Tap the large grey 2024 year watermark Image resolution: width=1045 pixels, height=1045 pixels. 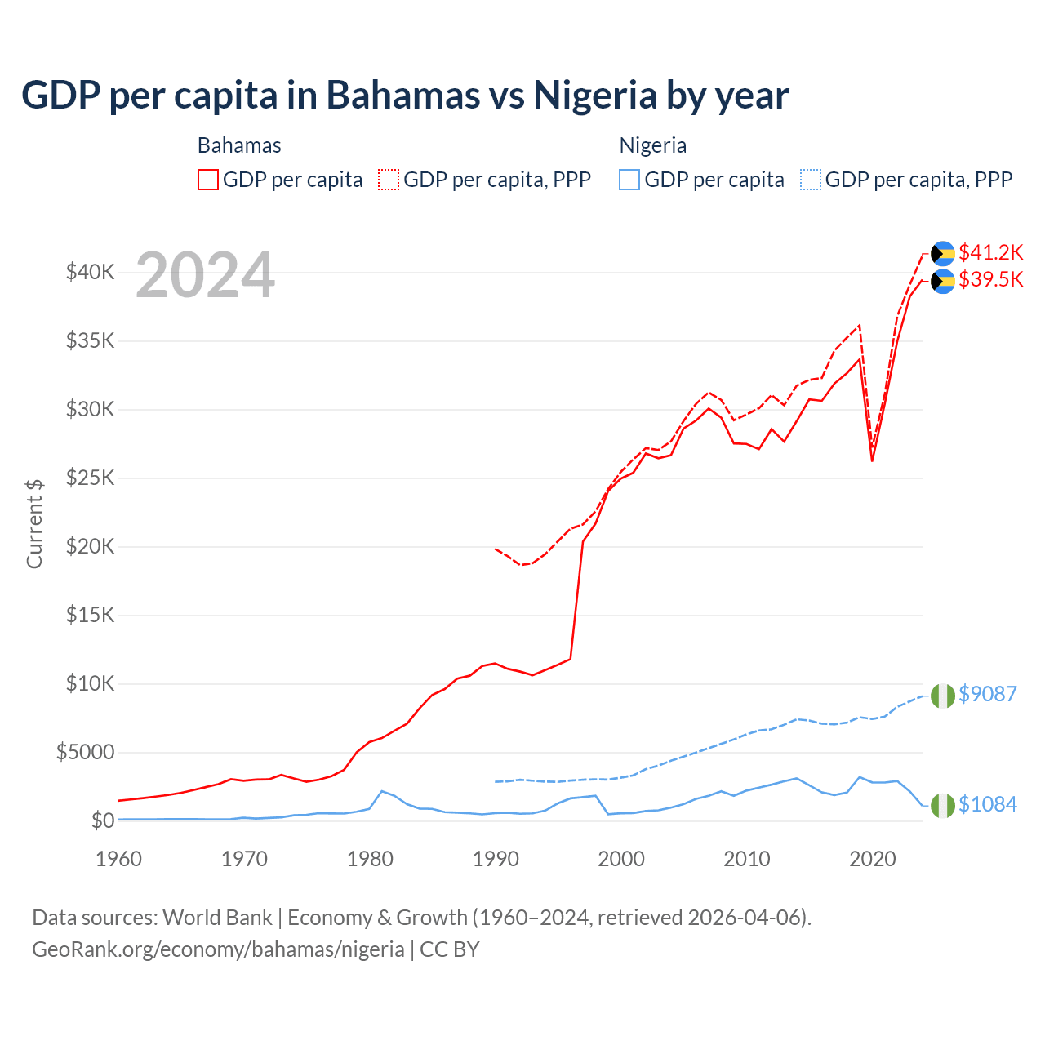[205, 275]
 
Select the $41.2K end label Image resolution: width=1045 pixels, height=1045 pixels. [990, 251]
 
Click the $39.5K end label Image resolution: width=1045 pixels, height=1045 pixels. [990, 279]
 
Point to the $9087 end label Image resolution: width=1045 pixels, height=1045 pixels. [987, 694]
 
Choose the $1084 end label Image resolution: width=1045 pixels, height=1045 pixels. [987, 804]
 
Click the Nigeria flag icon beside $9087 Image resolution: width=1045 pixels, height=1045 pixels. [943, 696]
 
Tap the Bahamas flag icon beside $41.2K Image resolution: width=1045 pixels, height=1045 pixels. [943, 253]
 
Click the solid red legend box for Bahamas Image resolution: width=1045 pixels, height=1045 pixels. [208, 180]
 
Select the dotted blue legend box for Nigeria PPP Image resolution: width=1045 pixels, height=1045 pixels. [811, 180]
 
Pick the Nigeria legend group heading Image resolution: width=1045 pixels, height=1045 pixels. [652, 145]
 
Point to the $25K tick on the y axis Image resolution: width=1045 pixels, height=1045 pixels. [90, 478]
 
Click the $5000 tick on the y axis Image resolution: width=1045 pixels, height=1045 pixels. [85, 752]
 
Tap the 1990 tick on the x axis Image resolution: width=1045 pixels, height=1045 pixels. [496, 859]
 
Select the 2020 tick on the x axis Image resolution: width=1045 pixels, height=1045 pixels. [873, 859]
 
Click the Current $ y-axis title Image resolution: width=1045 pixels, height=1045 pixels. [34, 523]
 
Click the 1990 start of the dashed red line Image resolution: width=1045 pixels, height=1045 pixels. [496, 549]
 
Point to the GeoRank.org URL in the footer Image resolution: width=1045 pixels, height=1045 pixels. [218, 949]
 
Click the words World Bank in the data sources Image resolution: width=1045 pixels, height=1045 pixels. [217, 918]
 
